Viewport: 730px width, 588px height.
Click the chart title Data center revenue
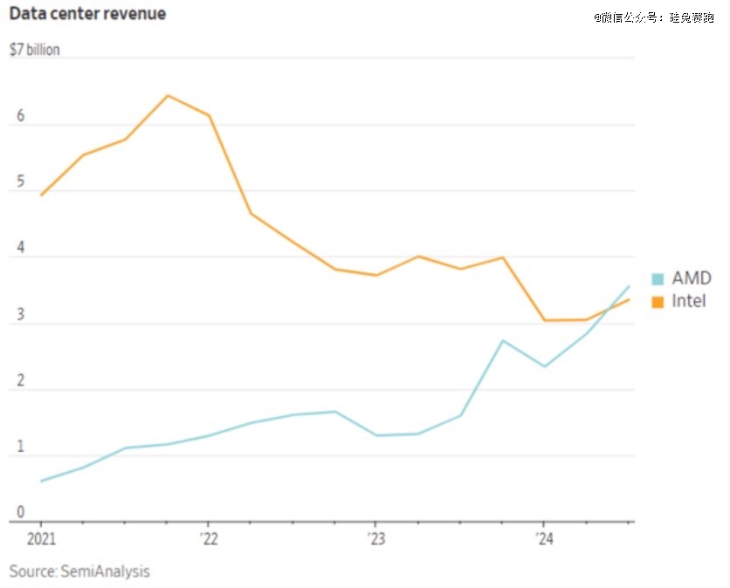[x=87, y=14]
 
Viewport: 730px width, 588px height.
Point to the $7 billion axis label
[x=35, y=50]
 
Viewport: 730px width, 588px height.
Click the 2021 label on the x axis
[x=41, y=538]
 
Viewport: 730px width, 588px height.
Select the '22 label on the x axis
[x=208, y=538]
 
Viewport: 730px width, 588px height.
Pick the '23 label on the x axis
[x=375, y=538]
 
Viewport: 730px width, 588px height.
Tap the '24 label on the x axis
[x=542, y=538]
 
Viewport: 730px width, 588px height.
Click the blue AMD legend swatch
[x=658, y=279]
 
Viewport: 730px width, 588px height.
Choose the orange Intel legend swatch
[x=658, y=302]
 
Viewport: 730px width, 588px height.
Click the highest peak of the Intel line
[x=168, y=95]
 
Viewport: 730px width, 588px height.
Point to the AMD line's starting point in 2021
[x=41, y=481]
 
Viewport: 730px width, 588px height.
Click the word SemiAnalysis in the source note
[x=105, y=571]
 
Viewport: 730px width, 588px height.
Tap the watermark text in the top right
[x=654, y=17]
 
